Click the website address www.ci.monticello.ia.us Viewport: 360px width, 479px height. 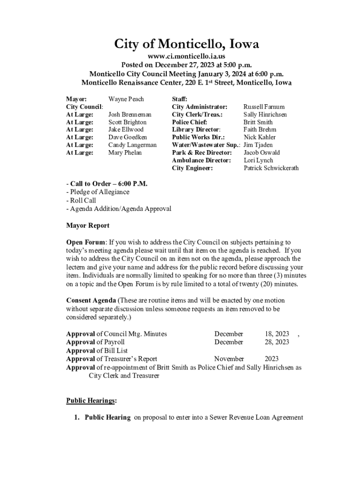point(187,57)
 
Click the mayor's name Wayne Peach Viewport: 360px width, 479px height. point(126,99)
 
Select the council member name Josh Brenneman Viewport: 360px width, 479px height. point(130,114)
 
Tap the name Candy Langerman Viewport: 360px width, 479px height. point(132,145)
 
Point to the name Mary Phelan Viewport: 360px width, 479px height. point(125,152)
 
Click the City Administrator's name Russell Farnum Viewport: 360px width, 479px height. point(264,107)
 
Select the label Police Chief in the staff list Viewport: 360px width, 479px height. point(189,122)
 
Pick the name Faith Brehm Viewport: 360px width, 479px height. point(260,130)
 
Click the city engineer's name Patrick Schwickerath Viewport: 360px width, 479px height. point(271,168)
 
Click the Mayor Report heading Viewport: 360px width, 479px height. point(88,225)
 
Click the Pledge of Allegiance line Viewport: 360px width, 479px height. point(99,192)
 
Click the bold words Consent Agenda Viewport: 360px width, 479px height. point(91,300)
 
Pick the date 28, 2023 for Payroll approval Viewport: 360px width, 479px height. point(277,342)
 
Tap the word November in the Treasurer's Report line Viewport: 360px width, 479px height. point(229,359)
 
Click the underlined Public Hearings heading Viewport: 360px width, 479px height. point(92,400)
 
